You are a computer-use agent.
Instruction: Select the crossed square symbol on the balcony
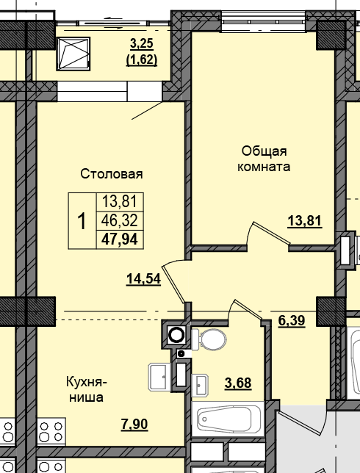(x=73, y=53)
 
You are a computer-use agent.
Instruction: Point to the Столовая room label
(x=111, y=174)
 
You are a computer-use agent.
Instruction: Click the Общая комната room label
(x=263, y=159)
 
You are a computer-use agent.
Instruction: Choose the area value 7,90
(x=134, y=424)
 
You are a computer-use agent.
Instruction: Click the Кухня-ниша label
(x=87, y=389)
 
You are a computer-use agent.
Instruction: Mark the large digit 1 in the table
(x=82, y=220)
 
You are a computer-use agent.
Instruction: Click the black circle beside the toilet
(x=176, y=336)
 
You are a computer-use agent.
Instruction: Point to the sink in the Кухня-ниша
(x=159, y=377)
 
